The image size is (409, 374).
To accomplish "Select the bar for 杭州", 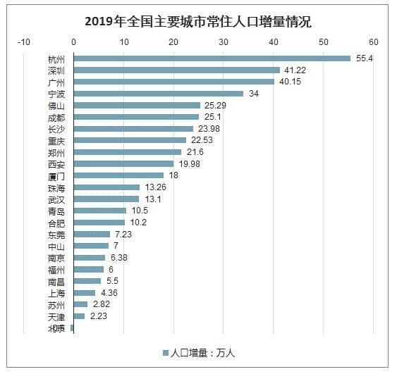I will pos(212,58).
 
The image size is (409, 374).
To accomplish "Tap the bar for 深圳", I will pos(176,70).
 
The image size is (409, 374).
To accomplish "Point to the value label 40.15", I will pos(288,82).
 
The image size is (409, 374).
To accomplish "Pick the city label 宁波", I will pos(56,94).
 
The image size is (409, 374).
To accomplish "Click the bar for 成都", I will pos(136,117).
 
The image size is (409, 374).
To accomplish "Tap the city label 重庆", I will pos(56,141).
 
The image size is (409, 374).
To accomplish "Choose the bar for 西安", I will pos(123,164).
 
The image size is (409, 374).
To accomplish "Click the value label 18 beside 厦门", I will pos(173,175).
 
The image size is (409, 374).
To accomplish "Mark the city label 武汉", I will pos(56,199).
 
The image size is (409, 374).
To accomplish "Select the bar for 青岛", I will pos(100,211).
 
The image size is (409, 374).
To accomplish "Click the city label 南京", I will pos(56,258).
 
